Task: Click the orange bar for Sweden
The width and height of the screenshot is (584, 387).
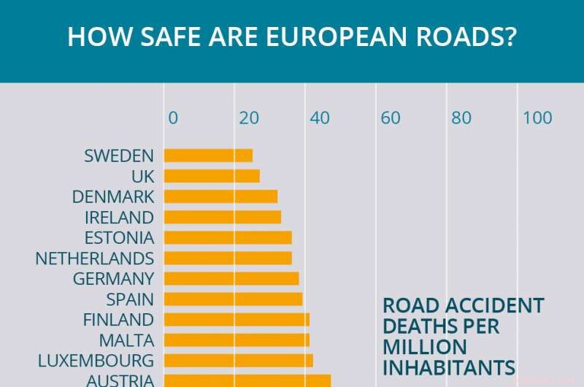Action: (208, 156)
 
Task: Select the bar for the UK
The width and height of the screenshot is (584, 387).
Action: (212, 176)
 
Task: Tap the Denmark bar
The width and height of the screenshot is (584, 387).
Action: (220, 196)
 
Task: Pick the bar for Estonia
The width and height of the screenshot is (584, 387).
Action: (228, 237)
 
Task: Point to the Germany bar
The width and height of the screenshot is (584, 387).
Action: (231, 278)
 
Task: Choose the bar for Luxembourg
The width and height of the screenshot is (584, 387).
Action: (238, 360)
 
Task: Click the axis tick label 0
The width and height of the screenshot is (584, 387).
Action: (173, 118)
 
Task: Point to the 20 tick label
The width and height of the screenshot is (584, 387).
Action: (250, 118)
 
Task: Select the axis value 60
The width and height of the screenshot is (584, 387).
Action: (391, 118)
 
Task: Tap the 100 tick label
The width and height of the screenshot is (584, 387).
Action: (537, 118)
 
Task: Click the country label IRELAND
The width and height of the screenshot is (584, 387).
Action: (119, 218)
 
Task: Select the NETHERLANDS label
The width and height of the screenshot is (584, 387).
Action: (95, 258)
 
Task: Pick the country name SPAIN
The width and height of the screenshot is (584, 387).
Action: (130, 299)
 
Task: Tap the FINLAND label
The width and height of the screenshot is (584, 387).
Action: (118, 320)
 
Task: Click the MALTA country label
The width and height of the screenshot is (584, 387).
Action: (126, 340)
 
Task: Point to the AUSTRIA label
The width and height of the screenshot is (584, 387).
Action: (120, 380)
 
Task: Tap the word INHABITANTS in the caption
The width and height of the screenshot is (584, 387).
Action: (449, 367)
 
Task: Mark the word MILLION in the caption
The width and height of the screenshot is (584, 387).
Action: (425, 346)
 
